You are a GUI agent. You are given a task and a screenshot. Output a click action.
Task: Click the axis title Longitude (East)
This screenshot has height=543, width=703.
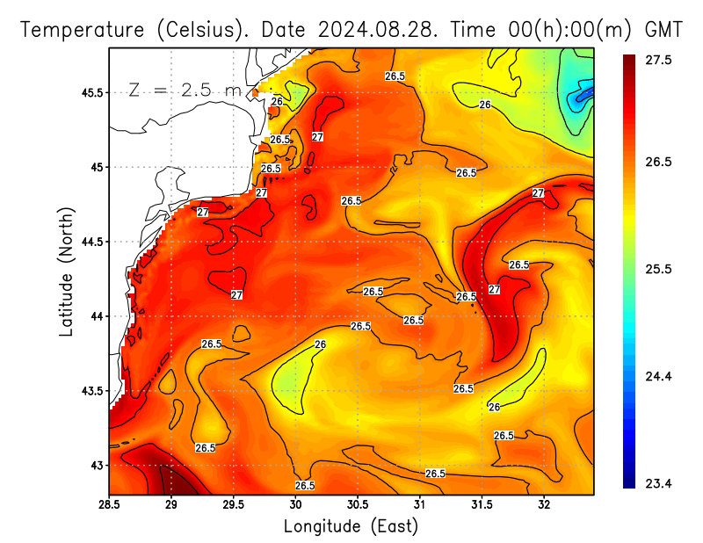(x=351, y=526)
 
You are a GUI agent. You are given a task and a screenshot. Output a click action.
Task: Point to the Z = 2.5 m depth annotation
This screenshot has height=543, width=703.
(x=185, y=90)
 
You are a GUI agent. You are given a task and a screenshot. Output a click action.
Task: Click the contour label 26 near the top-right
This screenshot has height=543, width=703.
(x=484, y=105)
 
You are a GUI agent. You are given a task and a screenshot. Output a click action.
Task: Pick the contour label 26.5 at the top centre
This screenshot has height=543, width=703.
(x=395, y=76)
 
